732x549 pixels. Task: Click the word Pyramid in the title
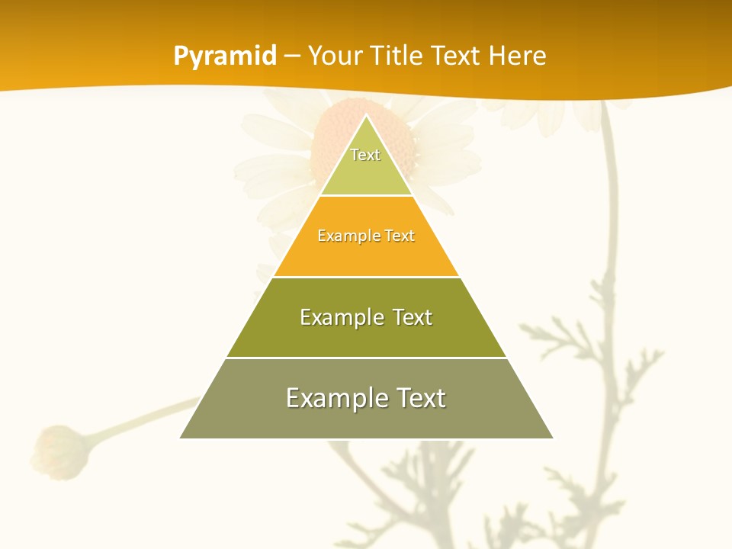225,56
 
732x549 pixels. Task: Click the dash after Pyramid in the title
292,56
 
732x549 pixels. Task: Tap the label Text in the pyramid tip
365,155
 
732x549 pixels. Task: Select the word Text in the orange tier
400,236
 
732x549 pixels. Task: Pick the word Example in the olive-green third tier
339,317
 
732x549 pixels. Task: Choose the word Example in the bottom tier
332,398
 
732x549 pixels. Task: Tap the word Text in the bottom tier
419,398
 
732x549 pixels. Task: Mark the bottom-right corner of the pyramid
552,438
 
